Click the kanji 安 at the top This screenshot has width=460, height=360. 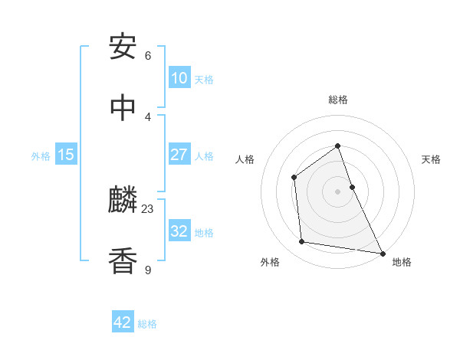tap(123, 47)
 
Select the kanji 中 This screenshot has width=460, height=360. tap(123, 108)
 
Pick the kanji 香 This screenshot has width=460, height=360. tap(123, 261)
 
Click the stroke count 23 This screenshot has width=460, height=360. tap(148, 208)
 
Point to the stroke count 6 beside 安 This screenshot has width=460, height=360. tap(148, 55)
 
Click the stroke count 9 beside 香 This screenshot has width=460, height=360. tap(148, 269)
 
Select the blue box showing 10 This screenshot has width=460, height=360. tap(179, 78)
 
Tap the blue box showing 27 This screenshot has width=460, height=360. tap(179, 154)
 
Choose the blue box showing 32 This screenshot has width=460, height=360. tap(179, 231)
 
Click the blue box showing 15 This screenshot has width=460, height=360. tap(66, 155)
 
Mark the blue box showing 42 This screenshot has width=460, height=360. tap(123, 322)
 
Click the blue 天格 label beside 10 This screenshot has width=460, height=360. tap(204, 80)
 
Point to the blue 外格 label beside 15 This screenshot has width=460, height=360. tap(41, 156)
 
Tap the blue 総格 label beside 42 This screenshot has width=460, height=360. tap(147, 324)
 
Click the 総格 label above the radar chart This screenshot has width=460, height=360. tap(338, 100)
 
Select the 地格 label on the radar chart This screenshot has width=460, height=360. tap(402, 262)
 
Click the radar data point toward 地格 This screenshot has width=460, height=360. tap(383, 253)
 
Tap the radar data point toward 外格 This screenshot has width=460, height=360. tap(302, 242)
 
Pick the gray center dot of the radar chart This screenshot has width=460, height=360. tap(338, 191)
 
